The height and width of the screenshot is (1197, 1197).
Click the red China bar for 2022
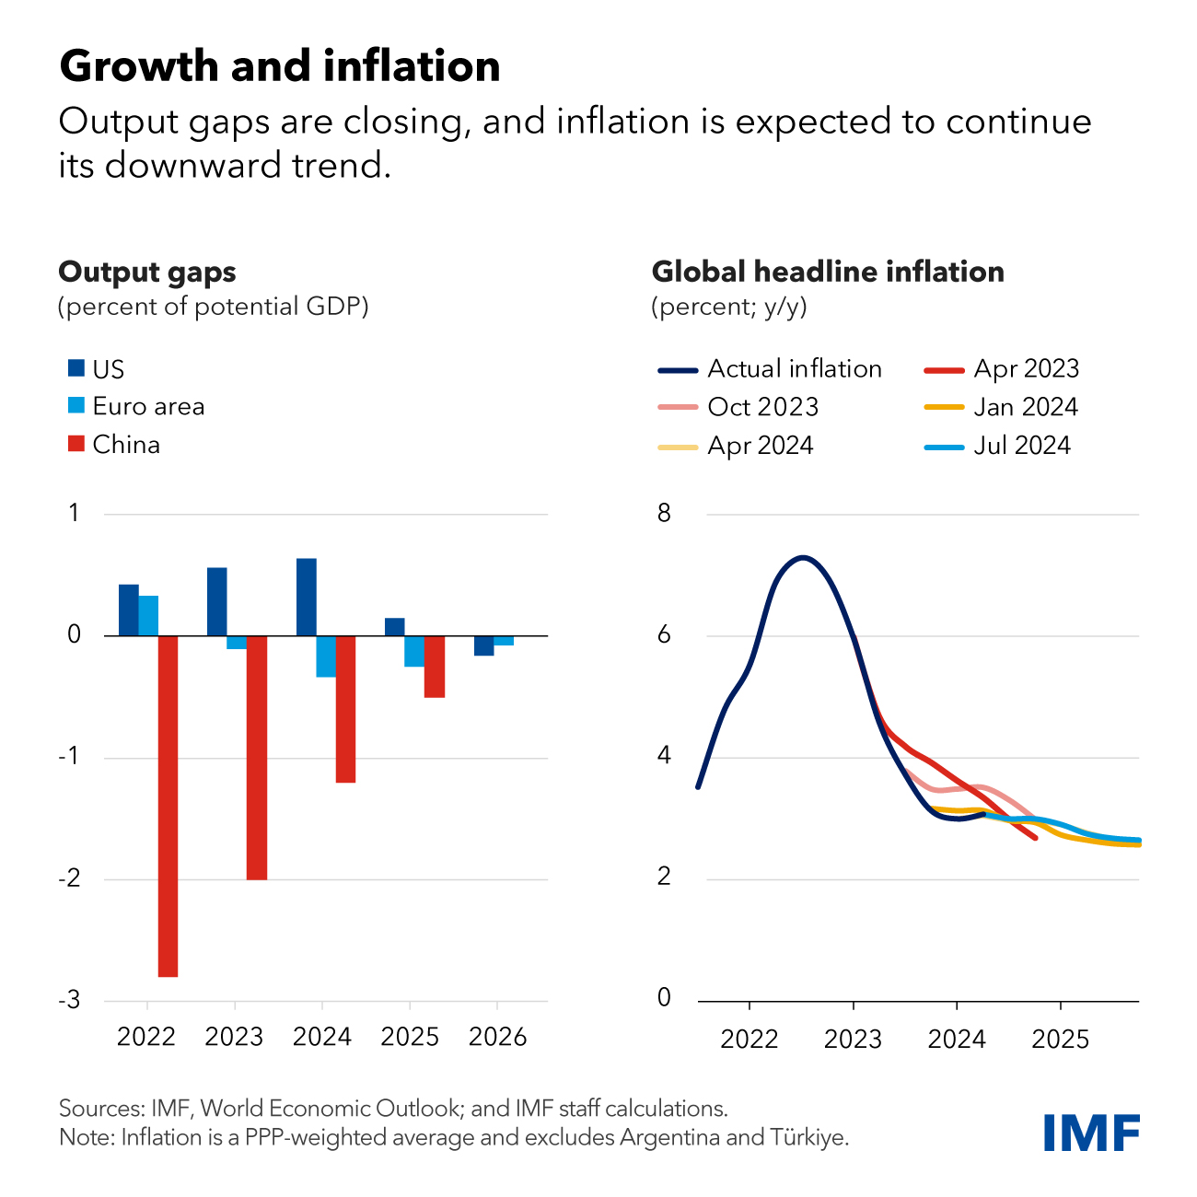pyautogui.click(x=168, y=806)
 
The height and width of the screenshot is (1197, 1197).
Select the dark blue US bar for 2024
pyautogui.click(x=307, y=597)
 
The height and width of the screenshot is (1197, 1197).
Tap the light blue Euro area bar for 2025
pyautogui.click(x=414, y=651)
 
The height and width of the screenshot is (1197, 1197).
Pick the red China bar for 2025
pyautogui.click(x=435, y=667)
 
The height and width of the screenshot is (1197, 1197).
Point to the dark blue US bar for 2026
pyautogui.click(x=483, y=645)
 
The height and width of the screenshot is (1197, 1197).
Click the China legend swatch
pyautogui.click(x=76, y=444)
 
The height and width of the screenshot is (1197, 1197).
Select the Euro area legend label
pyautogui.click(x=148, y=406)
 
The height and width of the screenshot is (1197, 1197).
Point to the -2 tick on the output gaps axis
pyautogui.click(x=69, y=879)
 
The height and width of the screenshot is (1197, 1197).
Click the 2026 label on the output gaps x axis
pyautogui.click(x=497, y=1037)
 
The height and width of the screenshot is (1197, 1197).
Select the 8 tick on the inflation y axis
pyautogui.click(x=664, y=514)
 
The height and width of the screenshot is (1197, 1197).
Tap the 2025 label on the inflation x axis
pyautogui.click(x=1060, y=1040)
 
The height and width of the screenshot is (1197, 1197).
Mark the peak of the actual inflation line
pyautogui.click(x=803, y=557)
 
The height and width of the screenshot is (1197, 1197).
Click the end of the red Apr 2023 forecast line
pyautogui.click(x=1036, y=838)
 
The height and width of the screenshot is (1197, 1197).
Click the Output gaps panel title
pyautogui.click(x=147, y=272)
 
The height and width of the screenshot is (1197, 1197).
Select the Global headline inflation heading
pyautogui.click(x=827, y=272)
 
